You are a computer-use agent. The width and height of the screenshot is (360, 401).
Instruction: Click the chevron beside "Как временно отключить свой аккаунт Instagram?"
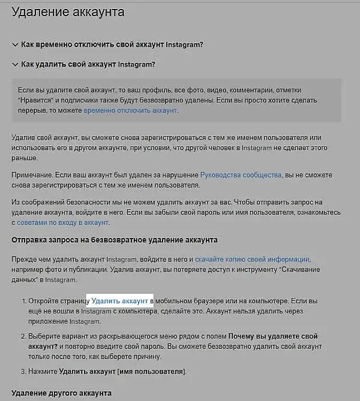(x=14, y=45)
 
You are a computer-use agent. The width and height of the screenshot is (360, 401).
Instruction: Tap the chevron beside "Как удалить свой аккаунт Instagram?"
(x=14, y=64)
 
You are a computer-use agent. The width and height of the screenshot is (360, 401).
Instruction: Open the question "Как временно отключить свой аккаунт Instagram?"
(x=112, y=45)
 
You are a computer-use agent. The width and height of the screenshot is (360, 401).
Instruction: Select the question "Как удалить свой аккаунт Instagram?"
(x=88, y=64)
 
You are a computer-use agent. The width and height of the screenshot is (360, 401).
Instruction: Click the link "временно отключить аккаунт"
(x=130, y=111)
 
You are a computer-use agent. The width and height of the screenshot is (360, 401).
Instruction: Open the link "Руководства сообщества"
(x=241, y=175)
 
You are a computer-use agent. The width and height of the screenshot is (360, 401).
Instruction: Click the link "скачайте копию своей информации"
(x=253, y=260)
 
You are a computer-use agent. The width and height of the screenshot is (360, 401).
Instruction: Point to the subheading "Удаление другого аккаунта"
(x=61, y=393)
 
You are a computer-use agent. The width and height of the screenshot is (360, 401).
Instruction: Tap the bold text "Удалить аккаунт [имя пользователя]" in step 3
(x=122, y=372)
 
